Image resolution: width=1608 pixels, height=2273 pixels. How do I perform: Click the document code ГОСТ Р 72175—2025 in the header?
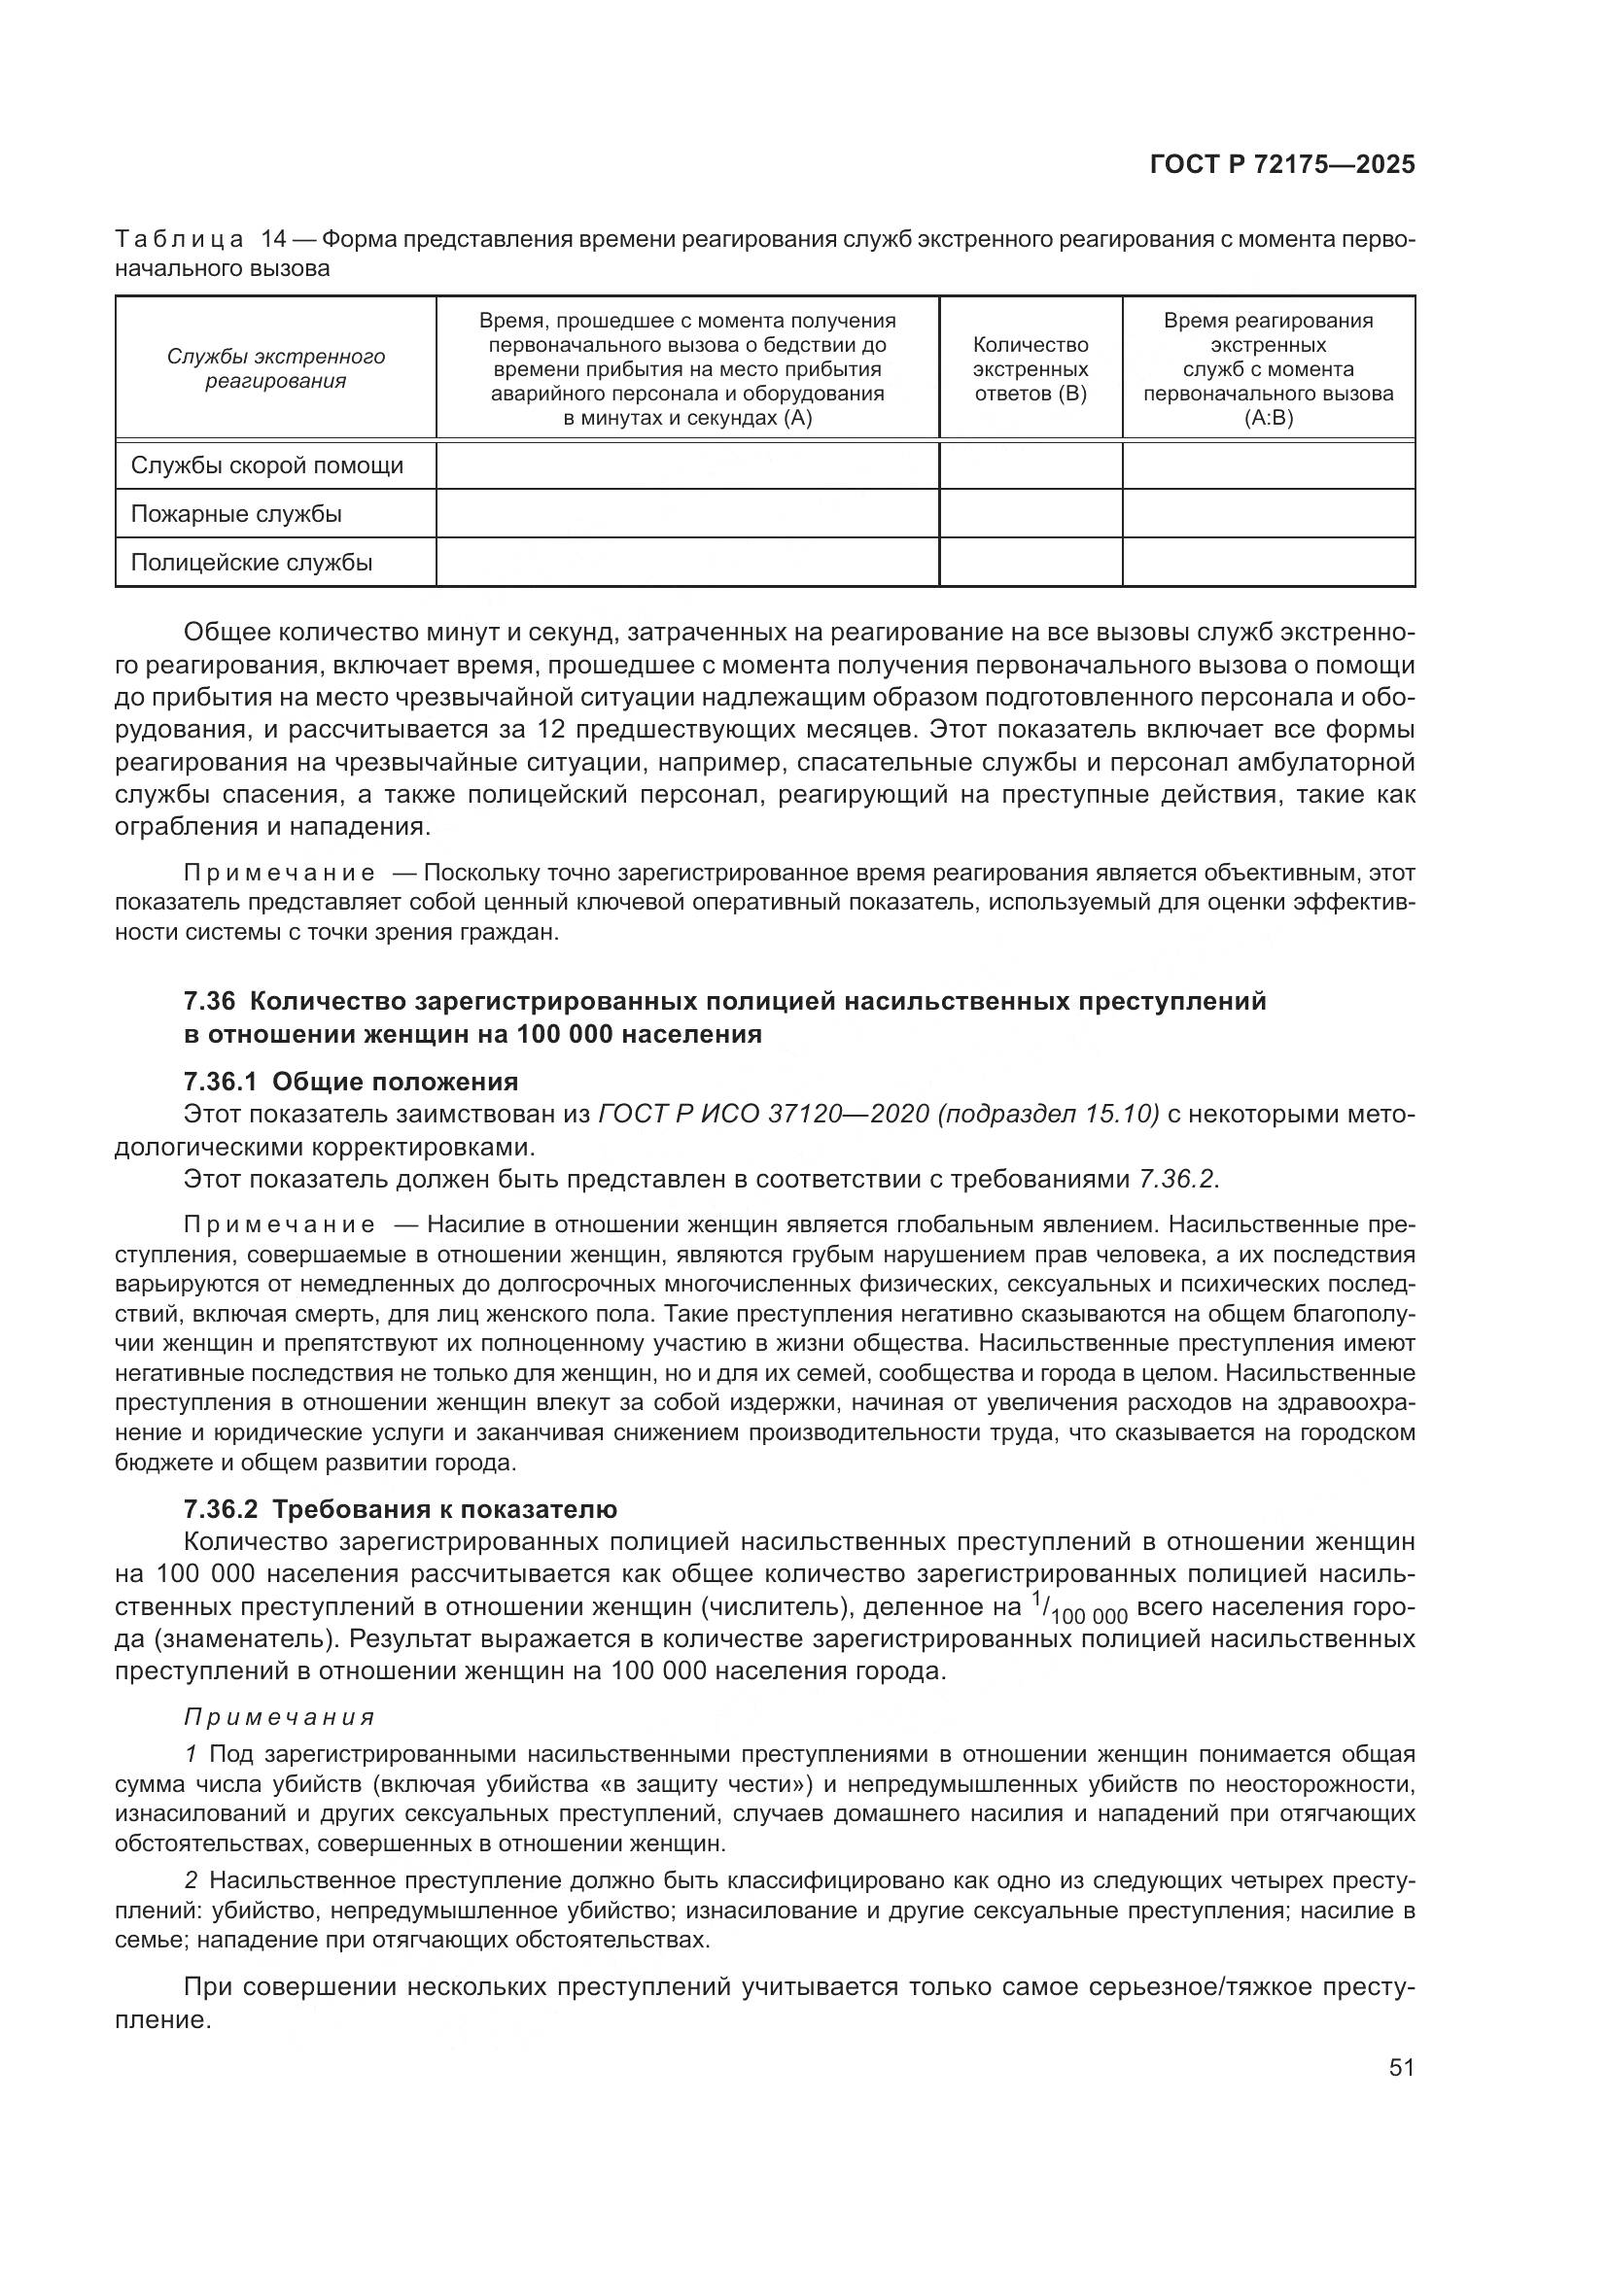(1281, 164)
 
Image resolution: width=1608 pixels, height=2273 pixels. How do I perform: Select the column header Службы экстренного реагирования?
(275, 368)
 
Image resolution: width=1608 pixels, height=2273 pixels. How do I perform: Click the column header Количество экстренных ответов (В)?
(1030, 369)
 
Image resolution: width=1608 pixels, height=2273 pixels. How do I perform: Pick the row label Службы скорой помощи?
(267, 465)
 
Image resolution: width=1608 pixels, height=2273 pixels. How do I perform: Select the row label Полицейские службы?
(252, 563)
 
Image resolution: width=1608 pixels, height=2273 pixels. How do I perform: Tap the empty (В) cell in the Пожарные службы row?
(1030, 514)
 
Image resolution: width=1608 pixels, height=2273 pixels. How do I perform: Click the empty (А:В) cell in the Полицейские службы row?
(1268, 563)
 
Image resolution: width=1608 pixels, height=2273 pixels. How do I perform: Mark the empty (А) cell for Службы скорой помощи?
(687, 465)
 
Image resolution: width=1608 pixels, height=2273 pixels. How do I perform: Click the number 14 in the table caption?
(273, 240)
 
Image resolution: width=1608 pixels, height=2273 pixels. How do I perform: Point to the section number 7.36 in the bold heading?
(209, 1001)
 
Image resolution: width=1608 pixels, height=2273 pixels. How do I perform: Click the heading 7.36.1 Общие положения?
(351, 1081)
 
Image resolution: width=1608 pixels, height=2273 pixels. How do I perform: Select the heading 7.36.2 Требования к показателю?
(400, 1509)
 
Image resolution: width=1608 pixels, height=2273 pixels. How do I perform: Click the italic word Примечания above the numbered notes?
(279, 1716)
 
